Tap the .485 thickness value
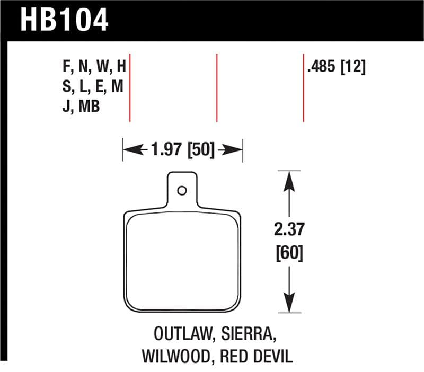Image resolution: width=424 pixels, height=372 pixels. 323,67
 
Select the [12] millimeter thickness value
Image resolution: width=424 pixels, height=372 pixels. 353,67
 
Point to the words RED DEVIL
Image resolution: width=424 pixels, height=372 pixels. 254,357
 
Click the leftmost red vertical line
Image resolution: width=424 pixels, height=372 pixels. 130,87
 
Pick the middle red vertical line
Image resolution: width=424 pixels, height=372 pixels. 217,87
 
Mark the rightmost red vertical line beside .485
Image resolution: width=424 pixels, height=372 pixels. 303,87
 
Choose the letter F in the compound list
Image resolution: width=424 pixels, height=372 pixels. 66,67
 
